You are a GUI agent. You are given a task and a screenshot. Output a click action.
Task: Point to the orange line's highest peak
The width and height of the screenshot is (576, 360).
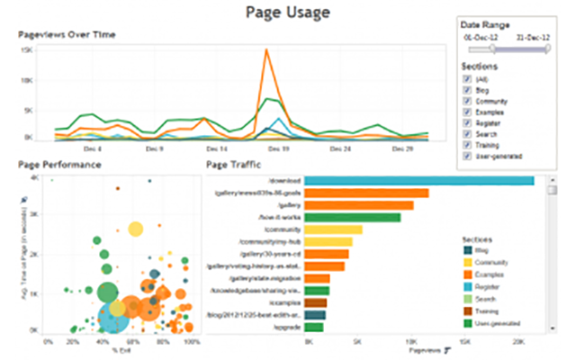(266, 50)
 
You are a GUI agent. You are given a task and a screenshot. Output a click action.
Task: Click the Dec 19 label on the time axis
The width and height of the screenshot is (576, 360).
(279, 148)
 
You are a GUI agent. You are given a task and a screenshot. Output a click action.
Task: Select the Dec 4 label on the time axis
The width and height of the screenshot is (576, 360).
(93, 148)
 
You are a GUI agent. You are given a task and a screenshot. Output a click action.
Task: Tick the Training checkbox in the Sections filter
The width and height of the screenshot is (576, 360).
(466, 145)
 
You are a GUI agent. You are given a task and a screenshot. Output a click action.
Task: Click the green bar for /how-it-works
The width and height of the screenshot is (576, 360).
(352, 217)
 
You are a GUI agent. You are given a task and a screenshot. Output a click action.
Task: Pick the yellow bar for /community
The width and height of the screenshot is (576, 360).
(333, 229)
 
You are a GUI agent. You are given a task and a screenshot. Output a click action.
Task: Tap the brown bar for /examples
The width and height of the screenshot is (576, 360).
(315, 303)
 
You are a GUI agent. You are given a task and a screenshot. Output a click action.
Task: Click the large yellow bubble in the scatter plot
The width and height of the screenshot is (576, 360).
(135, 229)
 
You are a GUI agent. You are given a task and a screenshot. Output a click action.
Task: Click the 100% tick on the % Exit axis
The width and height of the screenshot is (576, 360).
(191, 343)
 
